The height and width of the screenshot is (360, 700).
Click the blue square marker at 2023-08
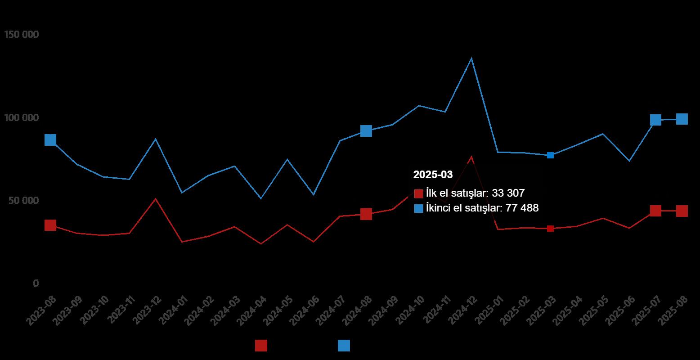(x=50, y=140)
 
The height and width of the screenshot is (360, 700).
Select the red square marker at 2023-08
(x=50, y=225)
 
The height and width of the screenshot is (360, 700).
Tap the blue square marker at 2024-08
(x=366, y=131)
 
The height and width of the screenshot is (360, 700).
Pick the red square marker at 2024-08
(x=366, y=214)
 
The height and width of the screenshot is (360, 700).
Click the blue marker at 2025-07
(x=655, y=120)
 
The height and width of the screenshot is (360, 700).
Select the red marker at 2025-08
(x=682, y=211)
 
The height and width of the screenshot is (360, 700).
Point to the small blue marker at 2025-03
(x=550, y=155)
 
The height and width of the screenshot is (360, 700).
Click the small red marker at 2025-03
(x=550, y=229)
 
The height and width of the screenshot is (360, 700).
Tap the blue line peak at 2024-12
(x=471, y=58)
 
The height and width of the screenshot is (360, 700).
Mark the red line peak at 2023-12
(x=156, y=198)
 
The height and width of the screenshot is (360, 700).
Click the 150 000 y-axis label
(x=21, y=35)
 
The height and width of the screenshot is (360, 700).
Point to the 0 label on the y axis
(x=36, y=283)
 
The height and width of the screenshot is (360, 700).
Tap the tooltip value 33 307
(x=508, y=193)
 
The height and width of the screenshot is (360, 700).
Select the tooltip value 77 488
(x=522, y=208)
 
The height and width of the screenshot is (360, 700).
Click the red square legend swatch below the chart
(x=261, y=346)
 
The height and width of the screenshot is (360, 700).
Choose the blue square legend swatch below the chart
(x=344, y=346)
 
